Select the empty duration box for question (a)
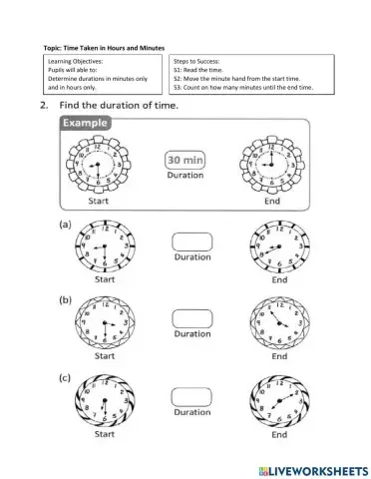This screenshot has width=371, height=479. click(192, 239)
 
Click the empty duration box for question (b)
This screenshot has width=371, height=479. click(192, 317)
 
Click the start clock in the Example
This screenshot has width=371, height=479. click(95, 162)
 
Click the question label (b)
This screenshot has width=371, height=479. click(64, 298)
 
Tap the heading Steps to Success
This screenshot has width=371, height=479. click(196, 62)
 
